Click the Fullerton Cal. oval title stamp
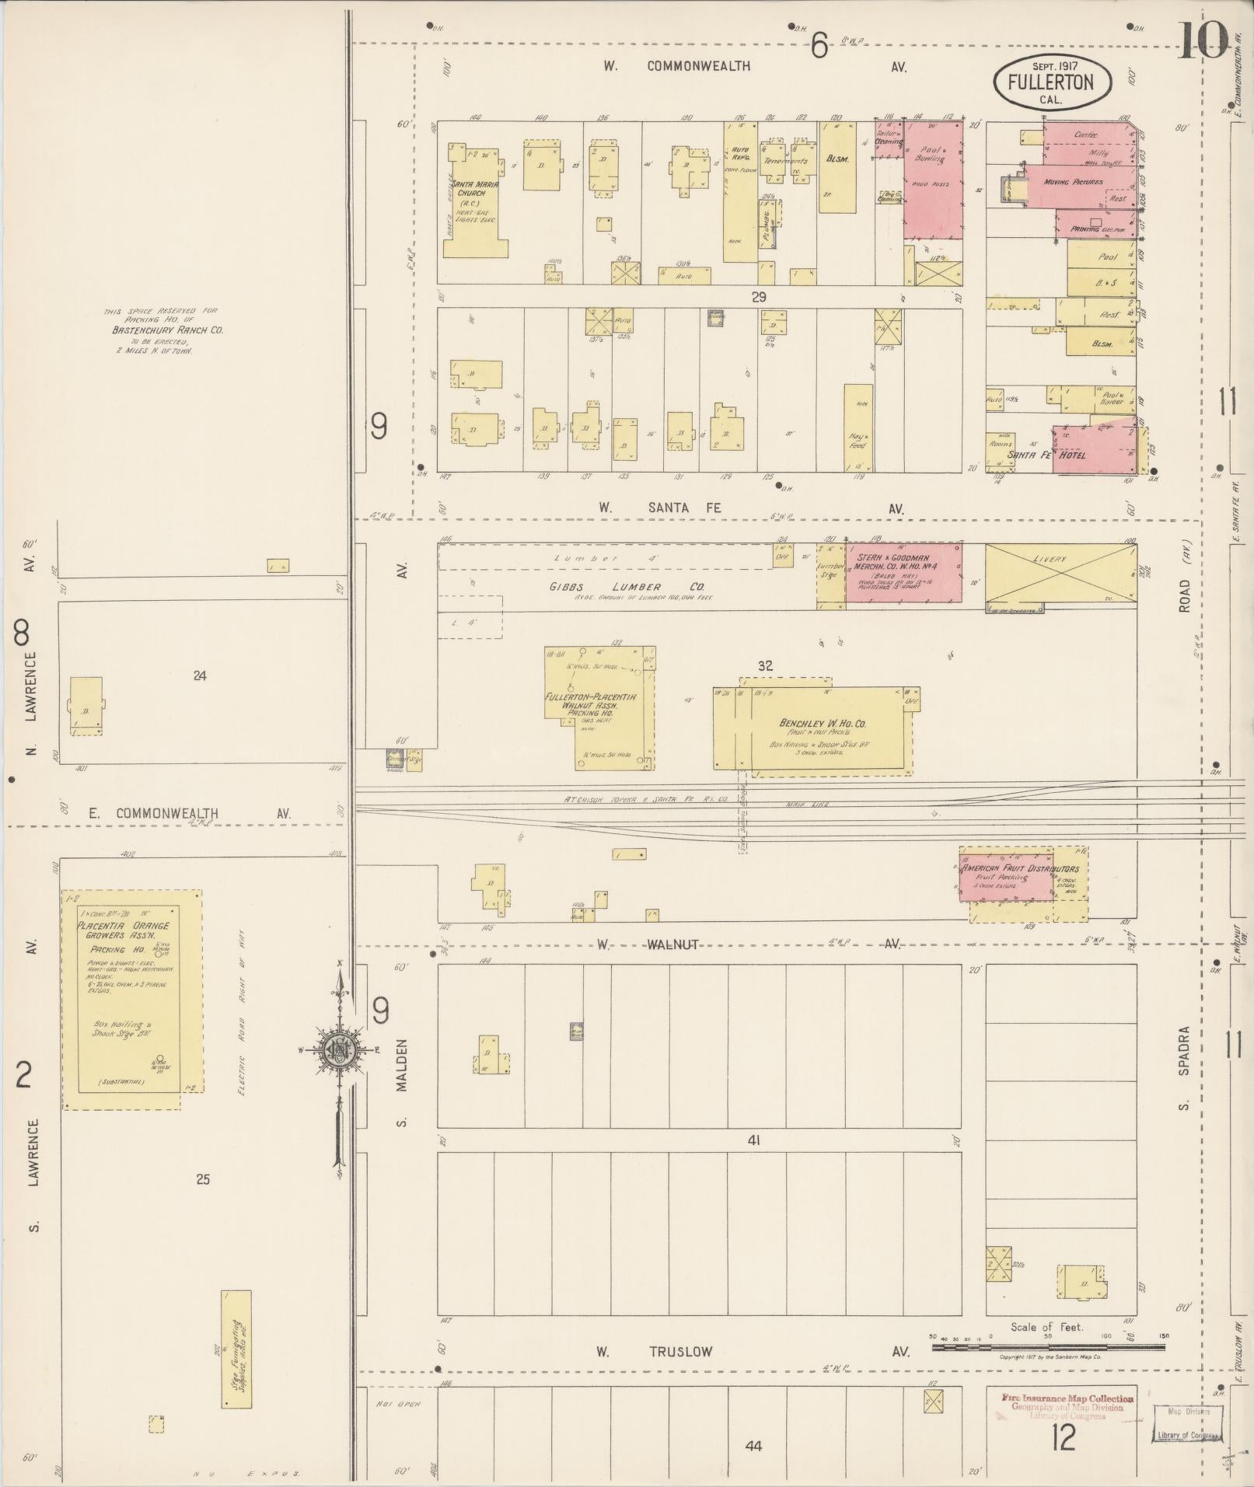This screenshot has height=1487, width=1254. pyautogui.click(x=1051, y=82)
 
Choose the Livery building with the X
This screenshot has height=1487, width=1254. pyautogui.click(x=1060, y=573)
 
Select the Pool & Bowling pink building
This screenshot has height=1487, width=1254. pyautogui.click(x=933, y=179)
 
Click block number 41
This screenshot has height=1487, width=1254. pyautogui.click(x=753, y=1140)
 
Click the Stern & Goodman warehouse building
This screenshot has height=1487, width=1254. pyautogui.click(x=903, y=572)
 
